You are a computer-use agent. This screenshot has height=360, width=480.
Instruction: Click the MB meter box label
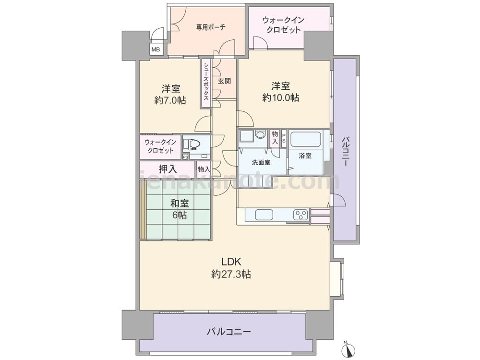[156, 49]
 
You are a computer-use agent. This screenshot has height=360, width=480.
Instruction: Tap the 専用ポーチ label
[211, 27]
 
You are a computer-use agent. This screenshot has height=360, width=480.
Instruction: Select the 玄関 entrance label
[224, 81]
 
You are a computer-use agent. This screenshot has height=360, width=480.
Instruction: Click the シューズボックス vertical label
[206, 82]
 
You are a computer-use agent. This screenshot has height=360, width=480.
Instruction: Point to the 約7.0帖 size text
[170, 100]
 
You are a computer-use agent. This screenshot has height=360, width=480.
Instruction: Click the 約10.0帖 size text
[281, 97]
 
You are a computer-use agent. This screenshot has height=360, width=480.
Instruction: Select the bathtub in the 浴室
[305, 139]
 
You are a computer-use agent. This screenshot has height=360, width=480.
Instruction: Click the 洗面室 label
[261, 163]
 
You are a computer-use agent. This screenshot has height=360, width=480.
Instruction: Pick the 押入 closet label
[168, 168]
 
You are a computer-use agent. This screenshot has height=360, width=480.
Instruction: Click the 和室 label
[180, 203]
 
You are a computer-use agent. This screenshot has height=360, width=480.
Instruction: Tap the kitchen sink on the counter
[264, 215]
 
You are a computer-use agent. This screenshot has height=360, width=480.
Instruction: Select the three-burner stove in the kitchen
[301, 215]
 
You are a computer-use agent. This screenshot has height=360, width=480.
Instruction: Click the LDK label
[231, 262]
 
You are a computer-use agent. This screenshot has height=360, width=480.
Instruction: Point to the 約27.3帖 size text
[231, 274]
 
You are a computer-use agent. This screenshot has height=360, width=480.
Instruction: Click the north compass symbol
[347, 348]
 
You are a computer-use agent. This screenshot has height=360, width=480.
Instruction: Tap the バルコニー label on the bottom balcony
[229, 332]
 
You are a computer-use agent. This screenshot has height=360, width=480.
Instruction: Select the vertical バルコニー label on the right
[345, 152]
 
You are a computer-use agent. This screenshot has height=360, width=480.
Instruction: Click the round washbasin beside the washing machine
[261, 135]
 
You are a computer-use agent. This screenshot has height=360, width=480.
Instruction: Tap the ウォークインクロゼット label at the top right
[284, 25]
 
